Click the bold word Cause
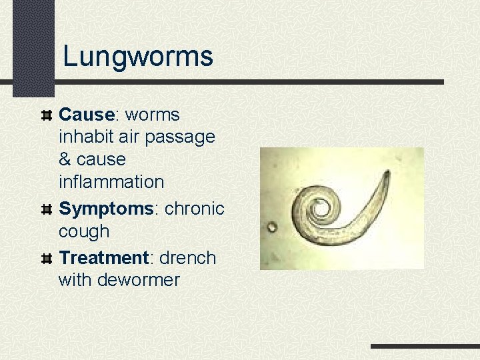[x=87, y=115]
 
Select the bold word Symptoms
[x=106, y=209]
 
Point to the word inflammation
[x=111, y=181]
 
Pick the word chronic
[x=195, y=209]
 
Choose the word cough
[x=84, y=231]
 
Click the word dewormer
[x=139, y=280]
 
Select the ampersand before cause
[x=65, y=159]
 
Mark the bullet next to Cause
[x=47, y=115]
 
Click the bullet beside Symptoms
[x=47, y=209]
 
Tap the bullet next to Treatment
[x=47, y=258]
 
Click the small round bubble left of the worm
[x=272, y=227]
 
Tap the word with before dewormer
[x=76, y=280]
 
